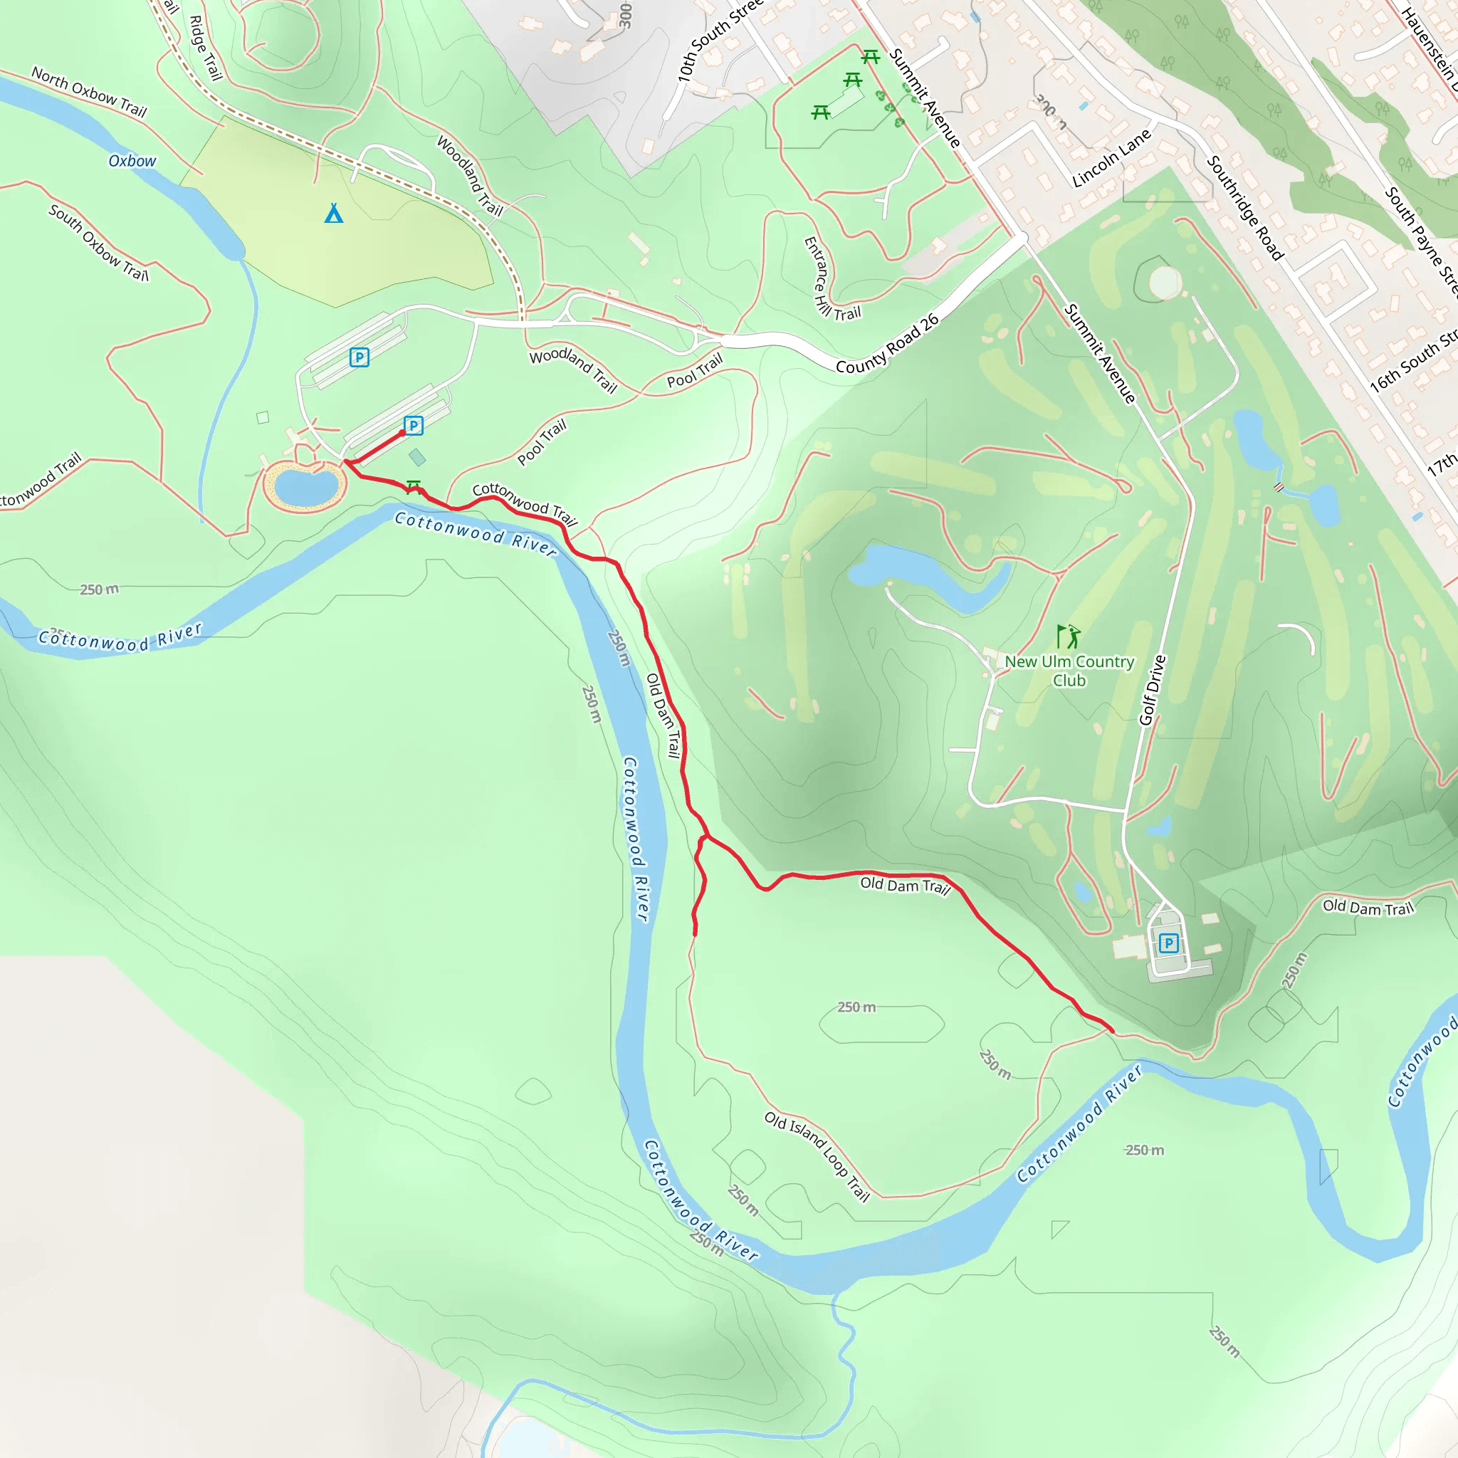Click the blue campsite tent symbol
click(x=334, y=214)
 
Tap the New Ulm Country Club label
click(x=1069, y=670)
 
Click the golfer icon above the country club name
click(x=1068, y=636)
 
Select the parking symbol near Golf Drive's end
click(x=1168, y=943)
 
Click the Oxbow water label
click(x=132, y=161)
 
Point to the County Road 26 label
click(x=887, y=344)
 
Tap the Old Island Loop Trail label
click(x=817, y=1155)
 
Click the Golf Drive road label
click(x=1153, y=690)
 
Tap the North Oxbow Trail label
click(x=89, y=92)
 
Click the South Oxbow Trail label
click(x=99, y=242)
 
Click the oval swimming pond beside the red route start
click(x=305, y=487)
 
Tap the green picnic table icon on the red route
click(x=413, y=486)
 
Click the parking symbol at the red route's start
click(x=413, y=426)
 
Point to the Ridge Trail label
click(x=205, y=48)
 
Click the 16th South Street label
click(x=1412, y=360)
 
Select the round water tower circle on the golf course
click(x=1165, y=282)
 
